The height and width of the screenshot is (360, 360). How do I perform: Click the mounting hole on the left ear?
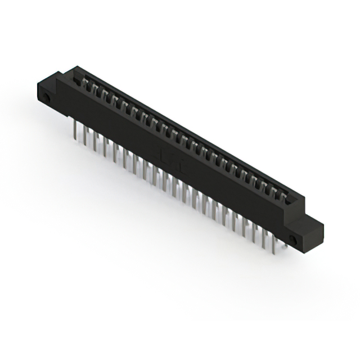(47, 100)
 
